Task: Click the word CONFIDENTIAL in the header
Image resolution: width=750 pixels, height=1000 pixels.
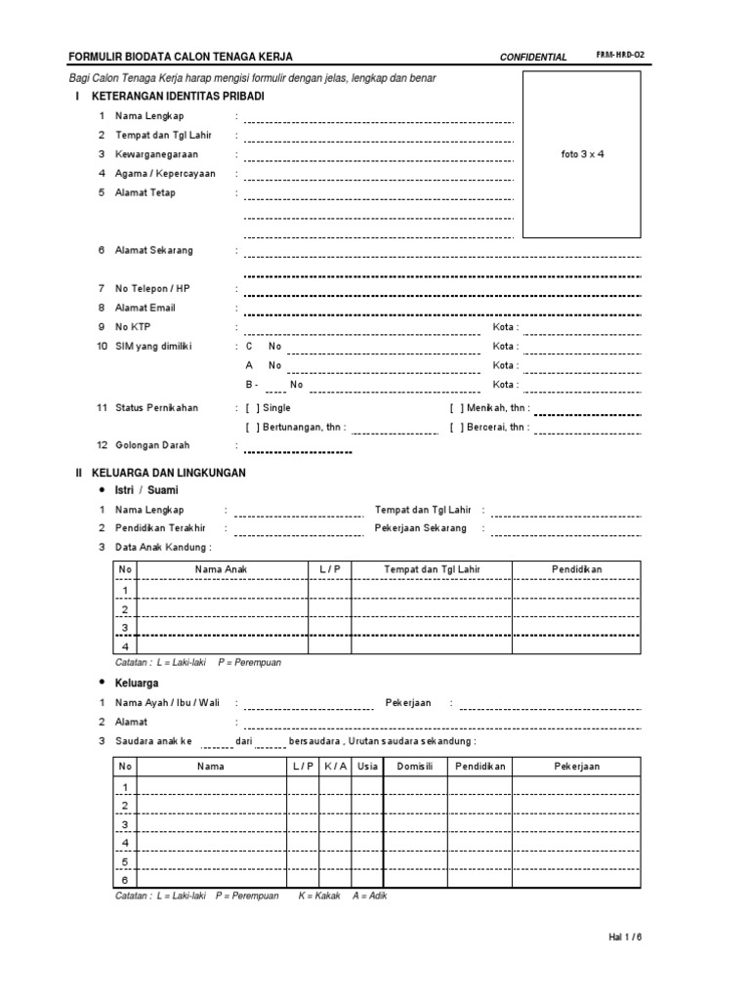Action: [x=533, y=58]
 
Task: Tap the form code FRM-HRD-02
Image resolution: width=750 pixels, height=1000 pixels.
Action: [x=619, y=57]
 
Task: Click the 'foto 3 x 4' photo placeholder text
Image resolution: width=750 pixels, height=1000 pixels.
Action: [x=582, y=154]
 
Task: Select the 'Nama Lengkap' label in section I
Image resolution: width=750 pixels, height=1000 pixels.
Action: [x=149, y=116]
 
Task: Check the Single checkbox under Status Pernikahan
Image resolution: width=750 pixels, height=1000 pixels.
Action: [x=252, y=408]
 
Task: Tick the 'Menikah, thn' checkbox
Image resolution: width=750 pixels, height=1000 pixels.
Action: [x=457, y=408]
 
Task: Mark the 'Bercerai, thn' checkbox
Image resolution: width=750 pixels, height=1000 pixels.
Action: [x=457, y=427]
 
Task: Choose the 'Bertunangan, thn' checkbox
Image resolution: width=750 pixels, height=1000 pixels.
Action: [x=252, y=427]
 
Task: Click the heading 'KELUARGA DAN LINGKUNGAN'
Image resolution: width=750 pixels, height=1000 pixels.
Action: [x=169, y=473]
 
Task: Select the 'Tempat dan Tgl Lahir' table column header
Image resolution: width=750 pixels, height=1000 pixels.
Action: [x=432, y=569]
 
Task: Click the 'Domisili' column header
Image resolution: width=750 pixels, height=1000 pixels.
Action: [x=413, y=767]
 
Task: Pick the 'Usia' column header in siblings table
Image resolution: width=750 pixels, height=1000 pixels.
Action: [x=367, y=767]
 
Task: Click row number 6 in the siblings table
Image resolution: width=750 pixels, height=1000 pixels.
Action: [x=124, y=879]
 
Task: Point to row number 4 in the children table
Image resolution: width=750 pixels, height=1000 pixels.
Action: [x=124, y=646]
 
